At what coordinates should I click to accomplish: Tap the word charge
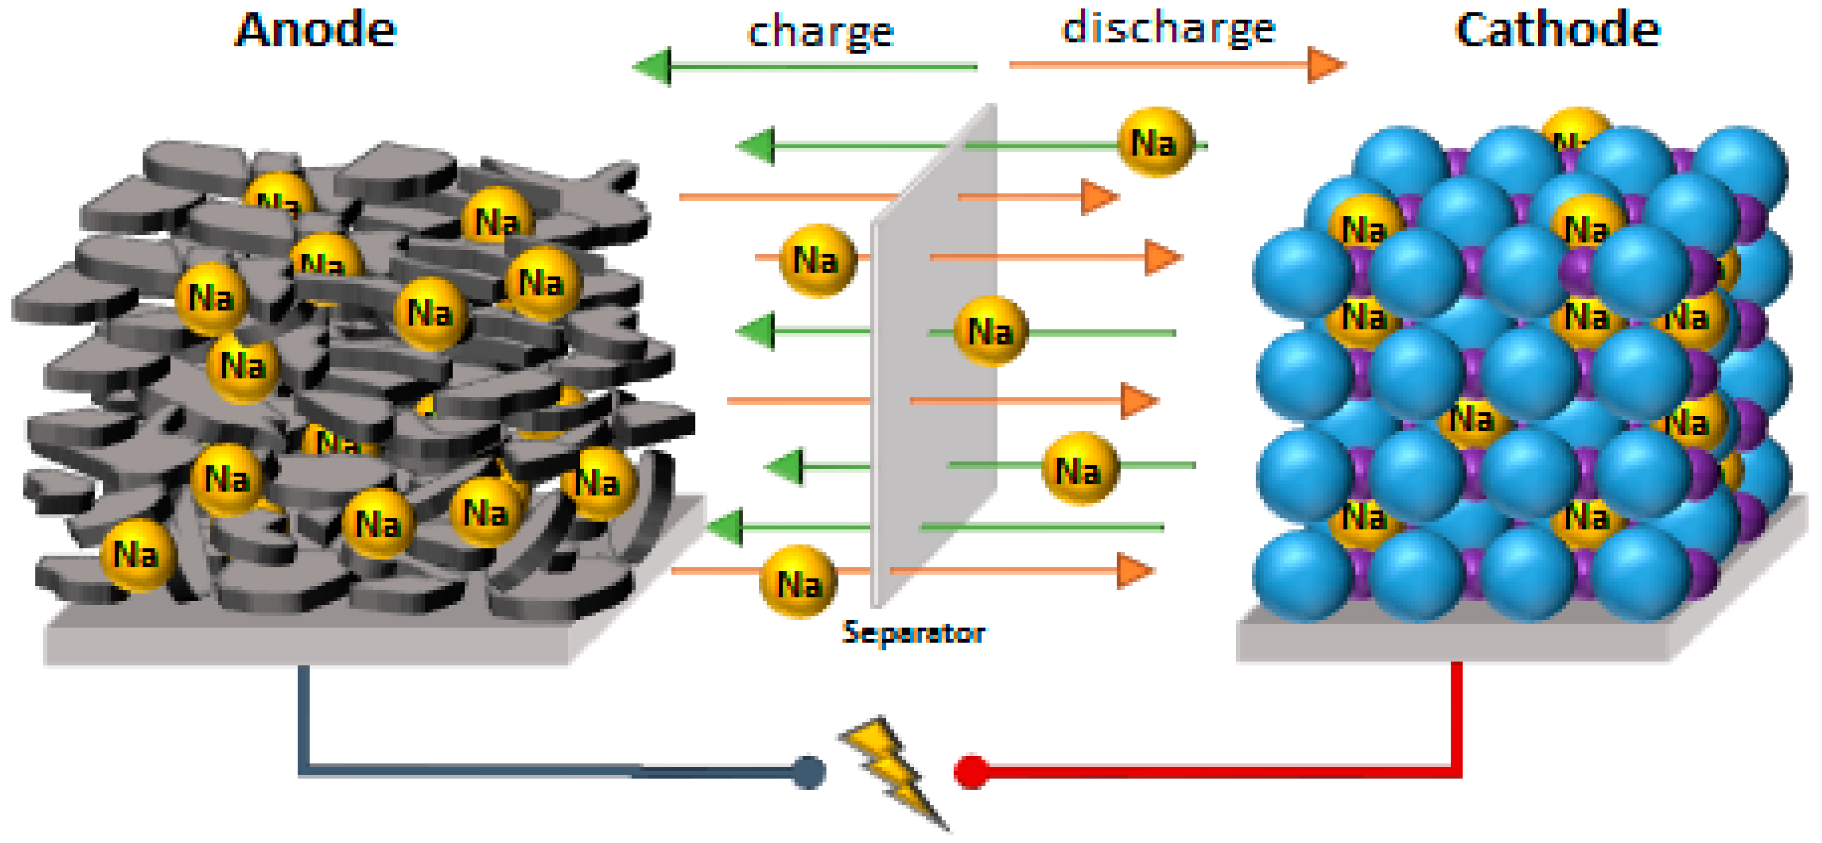(x=820, y=32)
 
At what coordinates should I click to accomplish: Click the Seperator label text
(x=913, y=632)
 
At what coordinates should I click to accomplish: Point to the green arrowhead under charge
(x=652, y=67)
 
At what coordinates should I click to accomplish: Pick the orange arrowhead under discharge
(x=1325, y=65)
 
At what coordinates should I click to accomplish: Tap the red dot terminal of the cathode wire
(x=972, y=772)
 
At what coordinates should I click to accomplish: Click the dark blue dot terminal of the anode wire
(x=809, y=772)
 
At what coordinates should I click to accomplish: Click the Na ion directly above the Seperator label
(x=798, y=582)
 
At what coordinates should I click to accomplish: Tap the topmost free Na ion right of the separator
(x=1155, y=142)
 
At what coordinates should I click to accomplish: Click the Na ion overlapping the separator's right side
(x=990, y=331)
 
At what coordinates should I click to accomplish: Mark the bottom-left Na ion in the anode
(x=136, y=554)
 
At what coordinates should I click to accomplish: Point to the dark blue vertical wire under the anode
(x=303, y=715)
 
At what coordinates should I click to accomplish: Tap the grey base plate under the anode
(x=304, y=644)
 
